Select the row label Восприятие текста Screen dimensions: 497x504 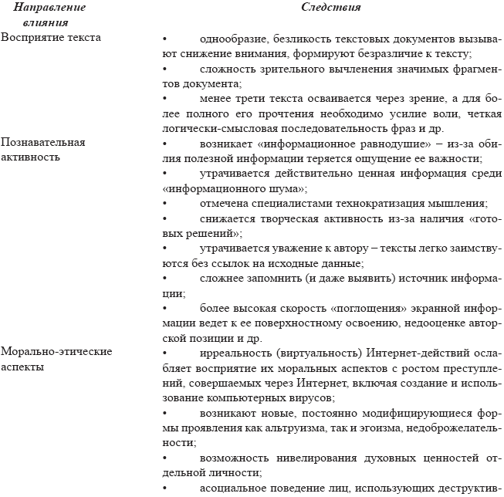click(x=51, y=37)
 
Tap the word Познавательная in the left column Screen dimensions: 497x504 click(x=43, y=143)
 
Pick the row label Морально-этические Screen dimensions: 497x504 click(x=56, y=352)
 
